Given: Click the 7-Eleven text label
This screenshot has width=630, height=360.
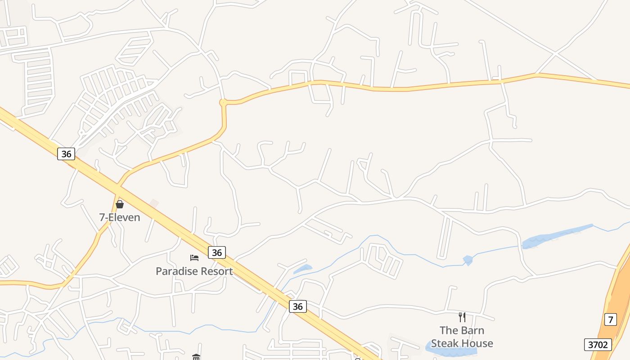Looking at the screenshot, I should pyautogui.click(x=120, y=218).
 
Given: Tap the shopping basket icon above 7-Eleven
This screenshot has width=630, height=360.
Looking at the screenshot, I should pyautogui.click(x=120, y=204).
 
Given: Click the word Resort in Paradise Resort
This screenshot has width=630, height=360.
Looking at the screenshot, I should pyautogui.click(x=216, y=271).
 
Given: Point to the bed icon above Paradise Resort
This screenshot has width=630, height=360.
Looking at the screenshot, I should pyautogui.click(x=194, y=258).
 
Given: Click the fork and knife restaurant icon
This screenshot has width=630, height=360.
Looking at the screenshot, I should pyautogui.click(x=462, y=317).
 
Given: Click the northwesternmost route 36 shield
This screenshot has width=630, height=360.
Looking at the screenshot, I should pyautogui.click(x=66, y=154).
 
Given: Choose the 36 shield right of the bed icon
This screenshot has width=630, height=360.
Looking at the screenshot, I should pyautogui.click(x=217, y=252).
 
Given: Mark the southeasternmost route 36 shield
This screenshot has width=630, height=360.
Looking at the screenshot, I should pyautogui.click(x=297, y=306).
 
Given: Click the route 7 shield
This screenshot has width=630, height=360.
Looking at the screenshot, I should pyautogui.click(x=610, y=320).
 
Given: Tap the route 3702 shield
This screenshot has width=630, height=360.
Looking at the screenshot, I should pyautogui.click(x=598, y=345).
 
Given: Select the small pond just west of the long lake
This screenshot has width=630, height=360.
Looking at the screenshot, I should pyautogui.click(x=468, y=260).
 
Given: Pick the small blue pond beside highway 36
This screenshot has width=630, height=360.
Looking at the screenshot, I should pyautogui.click(x=303, y=269).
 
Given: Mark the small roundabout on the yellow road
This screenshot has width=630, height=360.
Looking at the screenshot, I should pyautogui.click(x=222, y=103).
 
